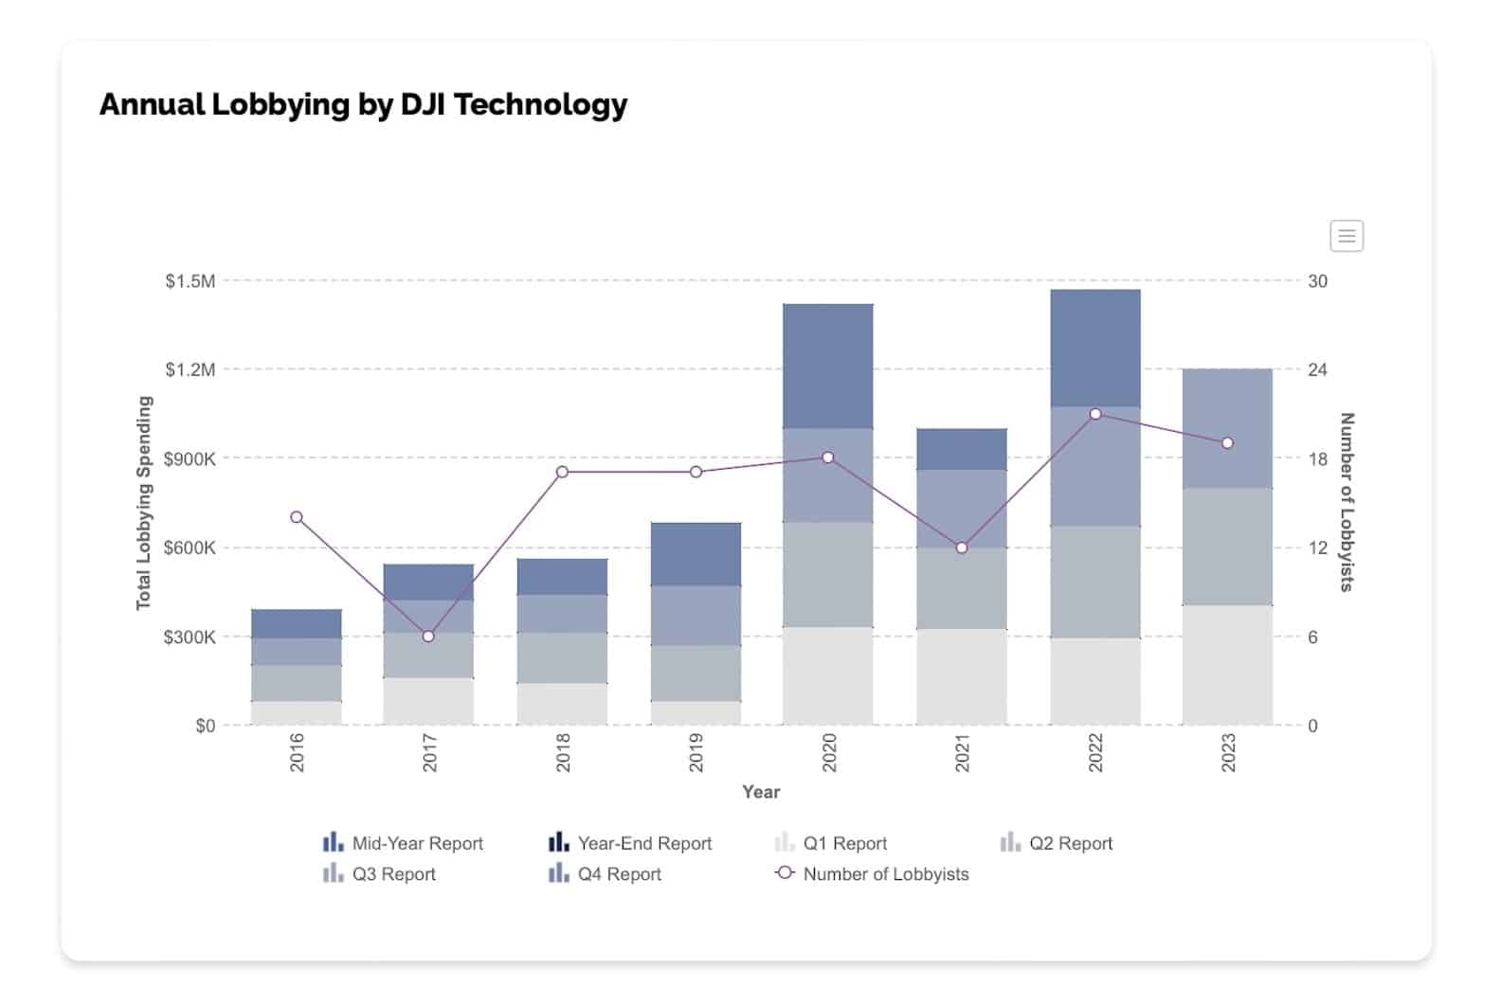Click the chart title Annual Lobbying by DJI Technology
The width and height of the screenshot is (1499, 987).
(363, 104)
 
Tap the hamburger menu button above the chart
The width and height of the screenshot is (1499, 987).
(1346, 236)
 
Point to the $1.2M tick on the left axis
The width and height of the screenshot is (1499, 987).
(190, 369)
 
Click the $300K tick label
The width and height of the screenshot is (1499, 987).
(190, 637)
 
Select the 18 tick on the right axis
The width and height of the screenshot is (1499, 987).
(1317, 459)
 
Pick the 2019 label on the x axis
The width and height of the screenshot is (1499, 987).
(696, 752)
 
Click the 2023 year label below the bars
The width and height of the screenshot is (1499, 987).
(1228, 752)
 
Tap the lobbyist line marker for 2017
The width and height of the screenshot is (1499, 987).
(428, 637)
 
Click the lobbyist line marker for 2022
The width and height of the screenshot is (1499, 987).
(1095, 414)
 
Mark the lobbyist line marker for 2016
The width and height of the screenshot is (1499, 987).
(297, 517)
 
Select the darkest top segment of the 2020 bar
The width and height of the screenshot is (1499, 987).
(828, 366)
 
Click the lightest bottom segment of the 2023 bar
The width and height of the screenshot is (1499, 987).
(1227, 665)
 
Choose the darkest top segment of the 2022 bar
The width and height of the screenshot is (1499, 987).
(1095, 348)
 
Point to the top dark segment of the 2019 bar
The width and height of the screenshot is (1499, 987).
(696, 554)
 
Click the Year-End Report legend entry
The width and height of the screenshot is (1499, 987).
(630, 843)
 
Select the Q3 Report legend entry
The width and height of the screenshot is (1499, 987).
(380, 874)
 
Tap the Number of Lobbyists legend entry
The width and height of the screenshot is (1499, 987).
(873, 874)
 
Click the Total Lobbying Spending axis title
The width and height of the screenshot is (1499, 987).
(144, 503)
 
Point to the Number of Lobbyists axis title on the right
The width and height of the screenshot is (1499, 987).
(1346, 502)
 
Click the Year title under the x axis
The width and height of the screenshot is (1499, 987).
(761, 792)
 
